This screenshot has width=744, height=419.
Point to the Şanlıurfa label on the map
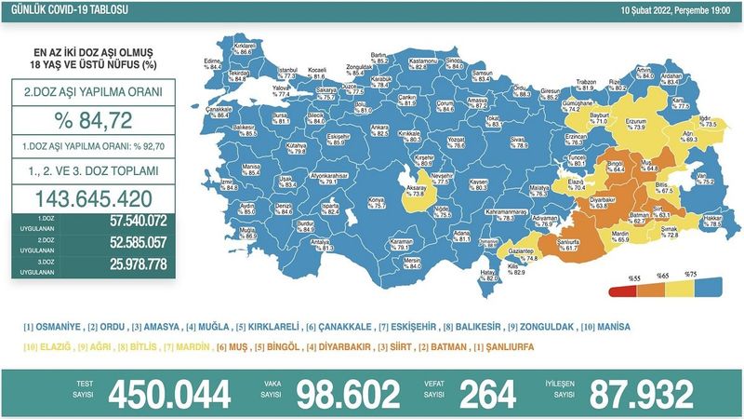pyautogui.click(x=565, y=245)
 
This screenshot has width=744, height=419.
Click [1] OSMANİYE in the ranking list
pyautogui.click(x=51, y=328)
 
